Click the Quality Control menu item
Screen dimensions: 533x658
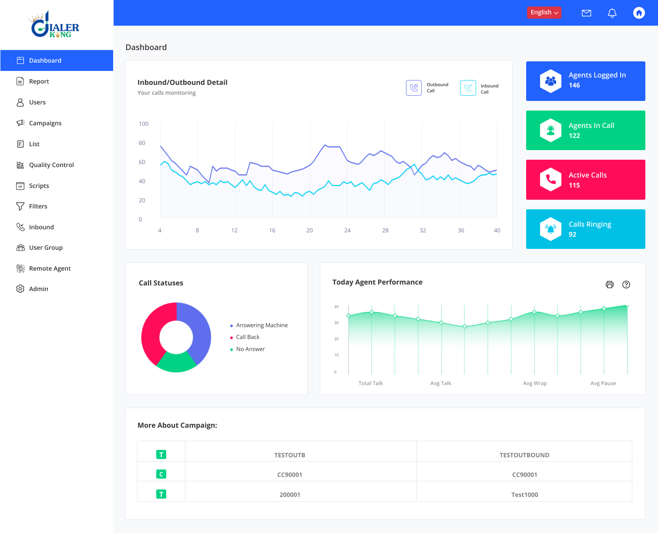pyautogui.click(x=51, y=165)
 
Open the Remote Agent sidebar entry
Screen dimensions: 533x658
pyautogui.click(x=50, y=268)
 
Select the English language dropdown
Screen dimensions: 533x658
pyautogui.click(x=544, y=13)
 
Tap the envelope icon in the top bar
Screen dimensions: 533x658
pyautogui.click(x=586, y=13)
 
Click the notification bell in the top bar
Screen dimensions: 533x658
pyautogui.click(x=612, y=13)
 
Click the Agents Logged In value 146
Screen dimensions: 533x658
pyautogui.click(x=574, y=85)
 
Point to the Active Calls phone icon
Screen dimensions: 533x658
pyautogui.click(x=551, y=179)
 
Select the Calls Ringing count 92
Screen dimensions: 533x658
pyautogui.click(x=572, y=235)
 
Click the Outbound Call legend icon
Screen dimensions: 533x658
pyautogui.click(x=413, y=88)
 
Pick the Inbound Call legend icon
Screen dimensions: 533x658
pyautogui.click(x=468, y=88)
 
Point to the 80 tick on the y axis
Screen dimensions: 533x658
pyautogui.click(x=142, y=143)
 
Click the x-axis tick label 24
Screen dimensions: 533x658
pyautogui.click(x=347, y=231)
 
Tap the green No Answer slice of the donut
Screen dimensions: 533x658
pyautogui.click(x=176, y=362)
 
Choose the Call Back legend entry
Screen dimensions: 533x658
pyautogui.click(x=248, y=337)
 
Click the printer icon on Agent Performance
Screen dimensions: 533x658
pyautogui.click(x=609, y=285)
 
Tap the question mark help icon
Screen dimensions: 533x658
pyautogui.click(x=626, y=285)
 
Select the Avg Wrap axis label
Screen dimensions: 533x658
pyautogui.click(x=535, y=383)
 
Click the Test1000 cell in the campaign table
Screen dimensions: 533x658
pyautogui.click(x=524, y=495)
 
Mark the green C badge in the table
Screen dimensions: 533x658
pyautogui.click(x=161, y=474)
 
